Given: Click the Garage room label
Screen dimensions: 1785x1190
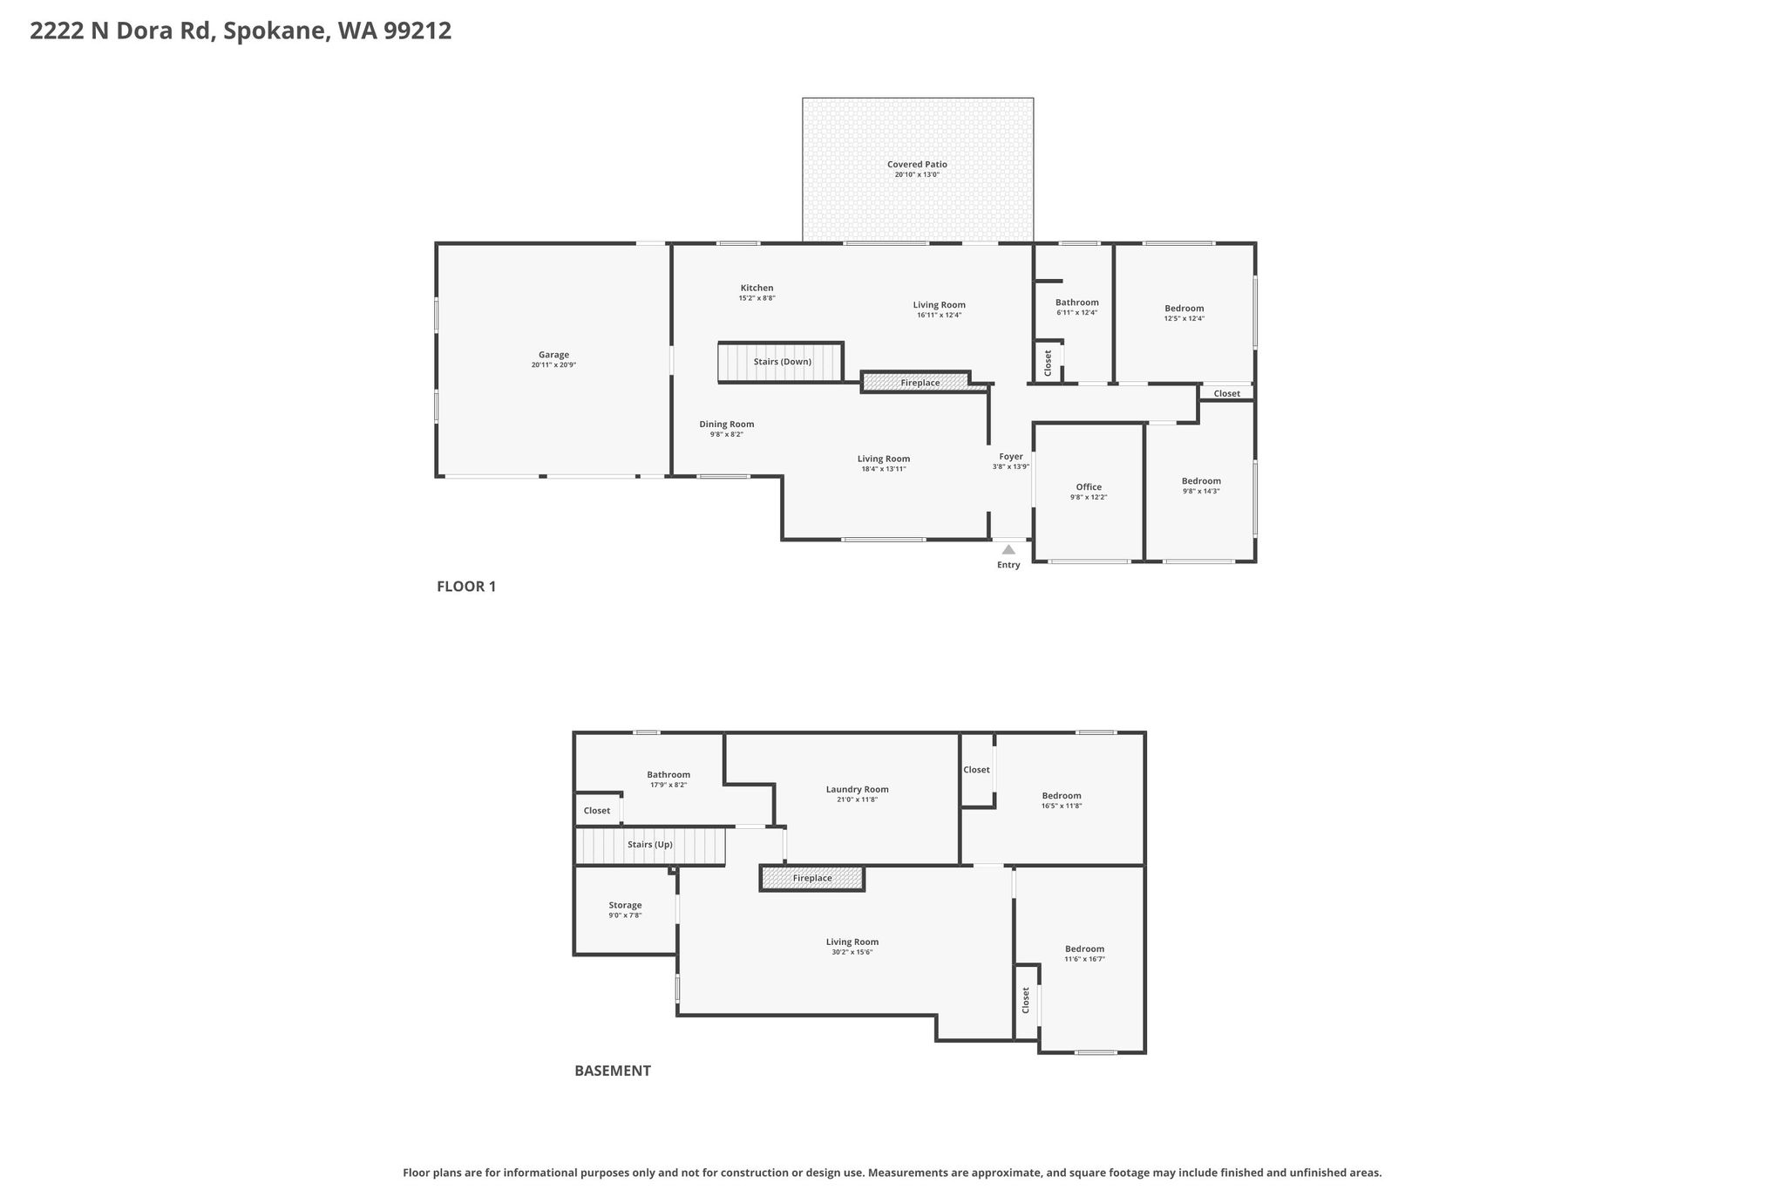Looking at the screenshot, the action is tap(553, 355).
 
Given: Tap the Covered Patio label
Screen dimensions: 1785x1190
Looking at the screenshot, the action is tap(917, 164).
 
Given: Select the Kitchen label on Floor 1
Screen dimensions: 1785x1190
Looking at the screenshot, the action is tap(757, 288).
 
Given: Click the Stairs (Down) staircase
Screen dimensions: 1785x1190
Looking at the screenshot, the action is tap(781, 362).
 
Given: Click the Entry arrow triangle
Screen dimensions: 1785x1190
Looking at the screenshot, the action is tap(1008, 549).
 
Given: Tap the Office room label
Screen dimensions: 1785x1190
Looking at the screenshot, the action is tap(1089, 486).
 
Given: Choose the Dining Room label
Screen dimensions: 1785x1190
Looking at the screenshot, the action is tap(726, 425).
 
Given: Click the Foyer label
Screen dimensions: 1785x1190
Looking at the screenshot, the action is tap(1011, 456).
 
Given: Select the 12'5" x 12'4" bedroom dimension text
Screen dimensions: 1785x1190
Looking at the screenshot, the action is tap(1184, 318).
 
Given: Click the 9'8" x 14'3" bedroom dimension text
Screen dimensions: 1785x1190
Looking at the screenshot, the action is tap(1201, 491).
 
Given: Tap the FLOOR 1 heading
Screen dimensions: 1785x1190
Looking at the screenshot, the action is tap(466, 587).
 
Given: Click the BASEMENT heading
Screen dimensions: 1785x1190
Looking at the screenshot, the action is tap(613, 1071).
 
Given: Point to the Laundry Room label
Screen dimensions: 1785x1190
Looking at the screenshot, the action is tap(858, 789).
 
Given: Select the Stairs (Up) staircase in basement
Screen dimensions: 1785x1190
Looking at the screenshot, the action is tap(650, 846).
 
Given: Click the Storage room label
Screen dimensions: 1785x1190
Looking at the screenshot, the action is tap(625, 905).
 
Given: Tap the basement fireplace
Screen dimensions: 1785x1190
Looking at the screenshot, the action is tap(812, 878).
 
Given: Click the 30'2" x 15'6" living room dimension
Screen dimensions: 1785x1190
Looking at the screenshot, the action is tap(852, 952).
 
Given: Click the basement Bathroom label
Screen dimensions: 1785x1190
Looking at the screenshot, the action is tap(669, 774).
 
